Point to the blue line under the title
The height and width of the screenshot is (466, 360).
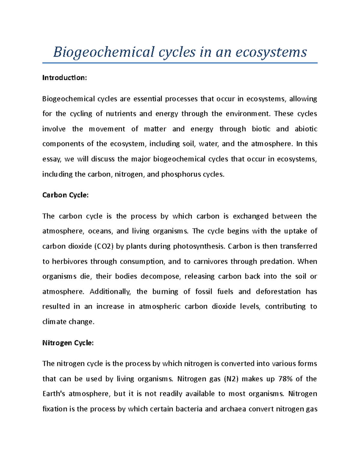(180, 63)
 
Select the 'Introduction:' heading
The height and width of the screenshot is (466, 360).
(64, 78)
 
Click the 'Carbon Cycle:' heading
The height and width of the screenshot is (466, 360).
(65, 195)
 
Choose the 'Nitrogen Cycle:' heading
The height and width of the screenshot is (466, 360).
(68, 343)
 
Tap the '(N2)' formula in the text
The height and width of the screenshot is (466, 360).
(231, 379)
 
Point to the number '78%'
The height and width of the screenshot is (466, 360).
(286, 379)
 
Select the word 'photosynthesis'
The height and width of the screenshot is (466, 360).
(198, 246)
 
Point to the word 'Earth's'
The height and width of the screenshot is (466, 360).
(54, 394)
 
